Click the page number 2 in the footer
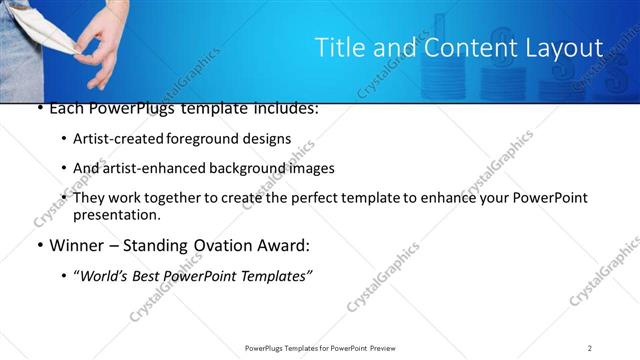click(x=590, y=347)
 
